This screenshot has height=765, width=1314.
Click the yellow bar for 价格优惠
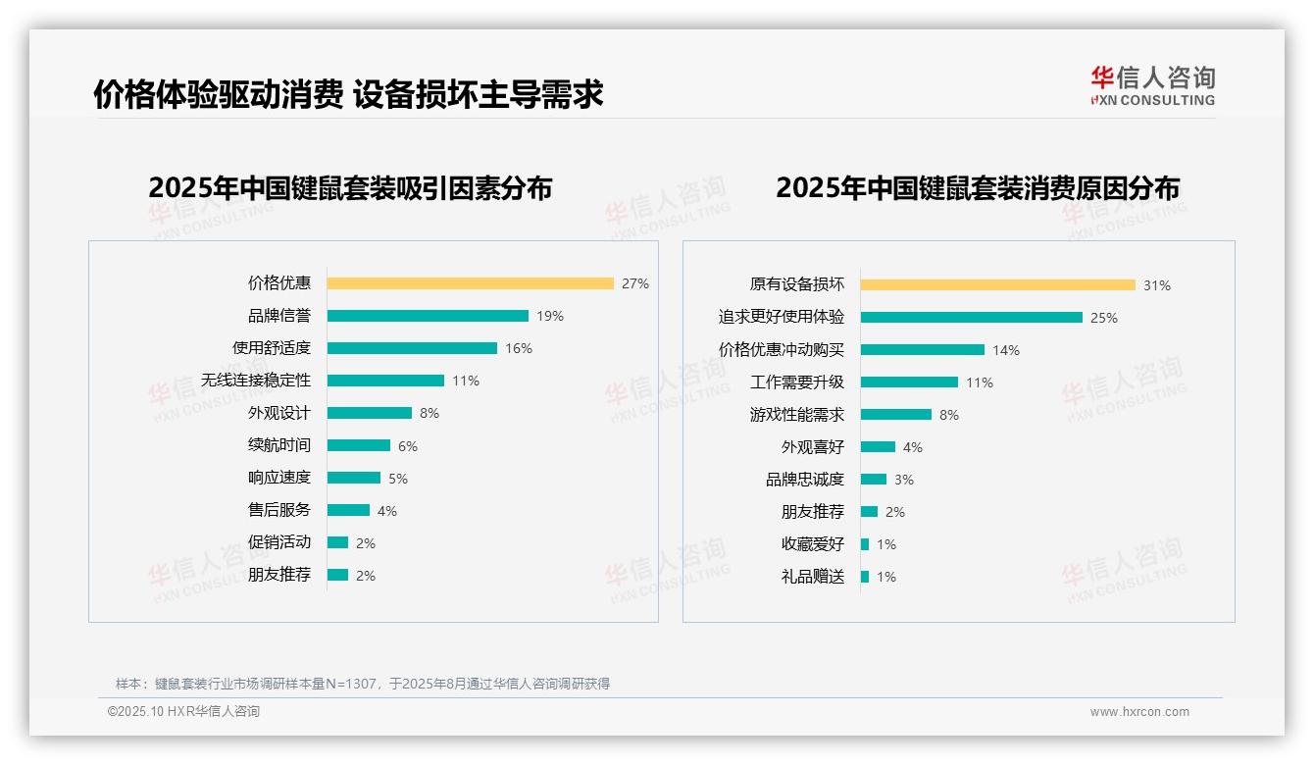[470, 283]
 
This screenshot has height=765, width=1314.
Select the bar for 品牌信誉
[428, 316]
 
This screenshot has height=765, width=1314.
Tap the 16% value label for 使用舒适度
[519, 348]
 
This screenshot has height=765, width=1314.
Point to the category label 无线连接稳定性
[256, 381]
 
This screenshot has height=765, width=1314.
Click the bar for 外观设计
[370, 413]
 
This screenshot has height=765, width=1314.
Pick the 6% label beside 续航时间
[408, 446]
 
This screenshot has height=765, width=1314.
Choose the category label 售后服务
[279, 510]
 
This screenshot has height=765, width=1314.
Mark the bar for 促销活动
[338, 542]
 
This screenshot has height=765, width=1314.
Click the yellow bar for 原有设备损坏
[998, 284]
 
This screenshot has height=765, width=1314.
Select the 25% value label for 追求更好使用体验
[1104, 318]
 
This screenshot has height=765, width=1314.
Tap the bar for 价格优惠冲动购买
[923, 349]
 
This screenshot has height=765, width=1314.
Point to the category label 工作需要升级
[797, 382]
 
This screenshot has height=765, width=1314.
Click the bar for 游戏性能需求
[896, 415]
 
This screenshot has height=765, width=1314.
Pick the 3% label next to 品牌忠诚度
[904, 480]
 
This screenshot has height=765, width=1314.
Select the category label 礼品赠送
[813, 577]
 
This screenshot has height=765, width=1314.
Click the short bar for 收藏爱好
[865, 544]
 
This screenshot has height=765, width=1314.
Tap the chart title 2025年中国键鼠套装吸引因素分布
[350, 187]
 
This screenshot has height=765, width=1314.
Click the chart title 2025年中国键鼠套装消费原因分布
[978, 187]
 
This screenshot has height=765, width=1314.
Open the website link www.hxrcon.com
[1139, 712]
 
